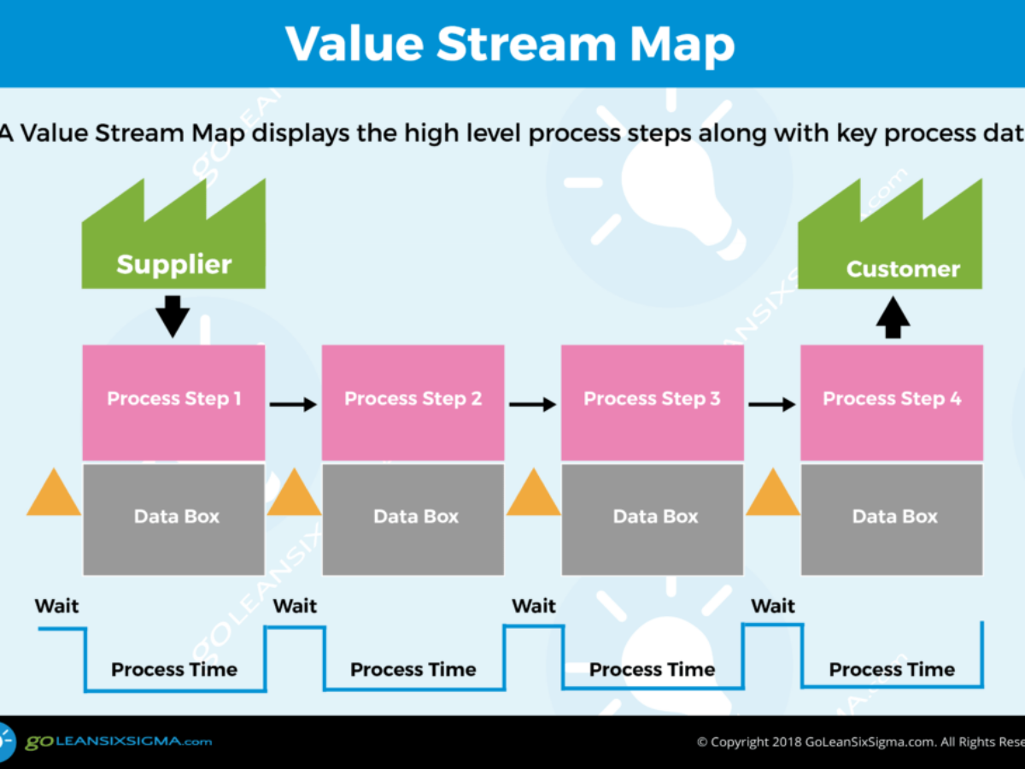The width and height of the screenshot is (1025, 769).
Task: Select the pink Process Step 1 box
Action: tap(173, 402)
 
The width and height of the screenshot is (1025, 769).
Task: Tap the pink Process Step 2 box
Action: tap(413, 402)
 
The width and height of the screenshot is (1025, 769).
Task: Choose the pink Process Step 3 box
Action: tap(652, 402)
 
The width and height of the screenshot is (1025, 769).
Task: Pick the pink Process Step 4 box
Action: tap(891, 402)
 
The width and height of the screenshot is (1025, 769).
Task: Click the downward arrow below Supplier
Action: tap(173, 315)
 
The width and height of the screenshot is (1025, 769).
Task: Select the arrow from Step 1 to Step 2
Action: tap(293, 404)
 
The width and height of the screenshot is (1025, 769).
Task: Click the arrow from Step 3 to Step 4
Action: tap(771, 404)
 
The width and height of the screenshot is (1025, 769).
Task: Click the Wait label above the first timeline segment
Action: tap(56, 606)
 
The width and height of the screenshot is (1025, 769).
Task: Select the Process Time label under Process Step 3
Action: tap(652, 669)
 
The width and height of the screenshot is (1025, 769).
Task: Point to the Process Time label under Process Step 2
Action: tap(413, 669)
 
